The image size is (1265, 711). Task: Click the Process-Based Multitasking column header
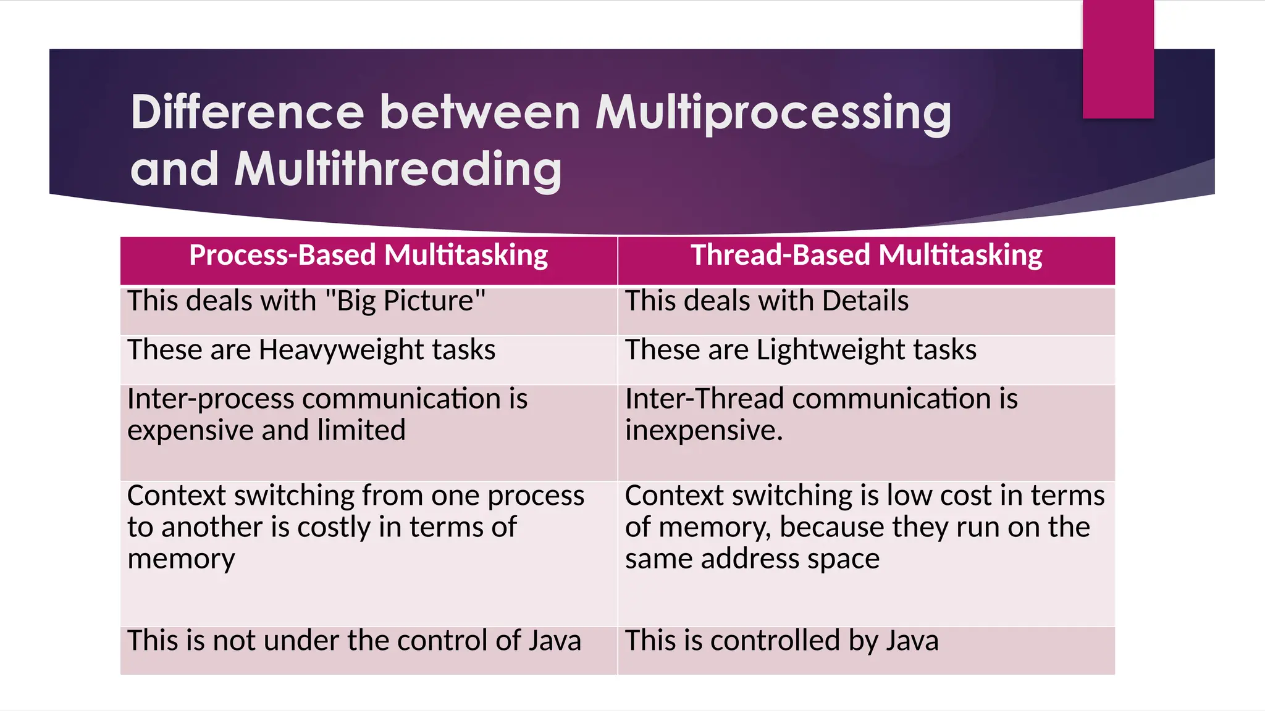pos(368,256)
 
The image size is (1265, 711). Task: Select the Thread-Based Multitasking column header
pos(866,256)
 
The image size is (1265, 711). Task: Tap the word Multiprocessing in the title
pos(773,112)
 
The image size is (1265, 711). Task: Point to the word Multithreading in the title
pos(398,169)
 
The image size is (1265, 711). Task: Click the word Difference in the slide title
pos(248,112)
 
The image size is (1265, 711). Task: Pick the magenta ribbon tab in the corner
pos(1118,59)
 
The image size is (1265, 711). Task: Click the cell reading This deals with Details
pos(767,301)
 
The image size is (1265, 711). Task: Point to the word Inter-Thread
pos(704,399)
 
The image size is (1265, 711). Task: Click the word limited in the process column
pos(361,430)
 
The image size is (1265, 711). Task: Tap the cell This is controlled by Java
pos(781,641)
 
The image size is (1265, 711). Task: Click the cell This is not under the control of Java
pos(354,641)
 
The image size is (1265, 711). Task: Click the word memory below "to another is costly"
pos(181,559)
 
